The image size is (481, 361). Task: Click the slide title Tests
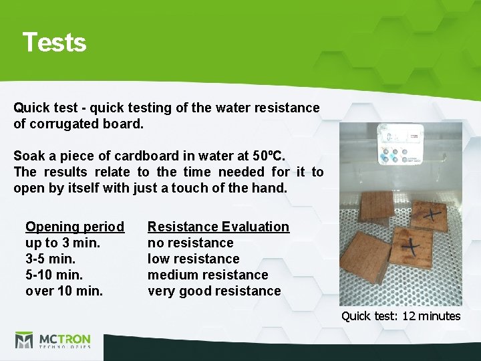pyautogui.click(x=54, y=42)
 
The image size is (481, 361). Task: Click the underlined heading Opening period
pyautogui.click(x=74, y=227)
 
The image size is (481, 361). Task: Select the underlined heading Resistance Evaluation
pyautogui.click(x=218, y=227)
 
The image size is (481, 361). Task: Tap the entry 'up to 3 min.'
pyautogui.click(x=63, y=243)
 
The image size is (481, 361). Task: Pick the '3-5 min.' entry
pyautogui.click(x=51, y=259)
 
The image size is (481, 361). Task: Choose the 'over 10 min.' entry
pyautogui.click(x=64, y=291)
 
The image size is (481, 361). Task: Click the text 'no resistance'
pyautogui.click(x=190, y=243)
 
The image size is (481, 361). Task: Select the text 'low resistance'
pyautogui.click(x=193, y=259)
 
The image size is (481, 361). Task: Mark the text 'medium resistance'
pyautogui.click(x=207, y=275)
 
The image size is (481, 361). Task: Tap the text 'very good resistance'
pyautogui.click(x=214, y=291)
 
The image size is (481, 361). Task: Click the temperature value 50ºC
pyautogui.click(x=269, y=156)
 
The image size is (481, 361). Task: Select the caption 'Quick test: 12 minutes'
pyautogui.click(x=401, y=316)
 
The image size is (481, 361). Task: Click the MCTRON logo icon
pyautogui.click(x=24, y=340)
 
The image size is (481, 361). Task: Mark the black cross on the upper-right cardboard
pyautogui.click(x=431, y=213)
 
